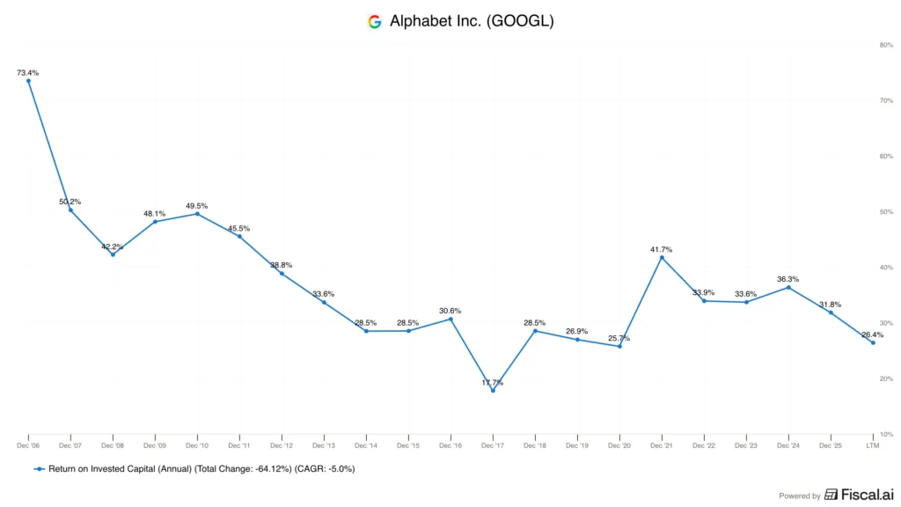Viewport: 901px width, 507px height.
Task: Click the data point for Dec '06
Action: click(x=29, y=81)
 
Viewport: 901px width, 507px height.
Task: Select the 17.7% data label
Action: click(x=493, y=383)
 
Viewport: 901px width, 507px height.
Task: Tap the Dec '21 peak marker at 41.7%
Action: click(x=662, y=258)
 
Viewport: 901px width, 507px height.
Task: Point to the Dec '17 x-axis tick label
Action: click(x=493, y=445)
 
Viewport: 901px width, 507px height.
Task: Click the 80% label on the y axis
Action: click(x=886, y=45)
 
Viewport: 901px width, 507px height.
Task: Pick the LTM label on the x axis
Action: click(x=873, y=445)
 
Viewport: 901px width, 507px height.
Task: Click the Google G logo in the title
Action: click(x=375, y=22)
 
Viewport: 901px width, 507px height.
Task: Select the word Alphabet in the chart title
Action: click(x=419, y=21)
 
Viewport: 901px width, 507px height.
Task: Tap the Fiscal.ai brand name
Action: click(x=868, y=495)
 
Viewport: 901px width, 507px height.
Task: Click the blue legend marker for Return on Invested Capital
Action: click(x=39, y=469)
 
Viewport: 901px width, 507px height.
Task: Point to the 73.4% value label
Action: click(x=27, y=73)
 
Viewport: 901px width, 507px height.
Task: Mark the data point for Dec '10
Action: click(x=198, y=214)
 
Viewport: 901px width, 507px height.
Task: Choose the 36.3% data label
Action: click(x=787, y=279)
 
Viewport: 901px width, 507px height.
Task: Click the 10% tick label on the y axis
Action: click(x=886, y=435)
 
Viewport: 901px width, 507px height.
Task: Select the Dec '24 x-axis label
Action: click(x=787, y=445)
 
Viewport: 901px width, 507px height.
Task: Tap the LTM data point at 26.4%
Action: click(x=874, y=342)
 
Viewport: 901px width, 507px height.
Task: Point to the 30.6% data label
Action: click(x=450, y=311)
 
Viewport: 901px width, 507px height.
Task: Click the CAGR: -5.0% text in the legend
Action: click(x=325, y=469)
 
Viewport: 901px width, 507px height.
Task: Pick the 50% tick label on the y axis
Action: click(x=886, y=212)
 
